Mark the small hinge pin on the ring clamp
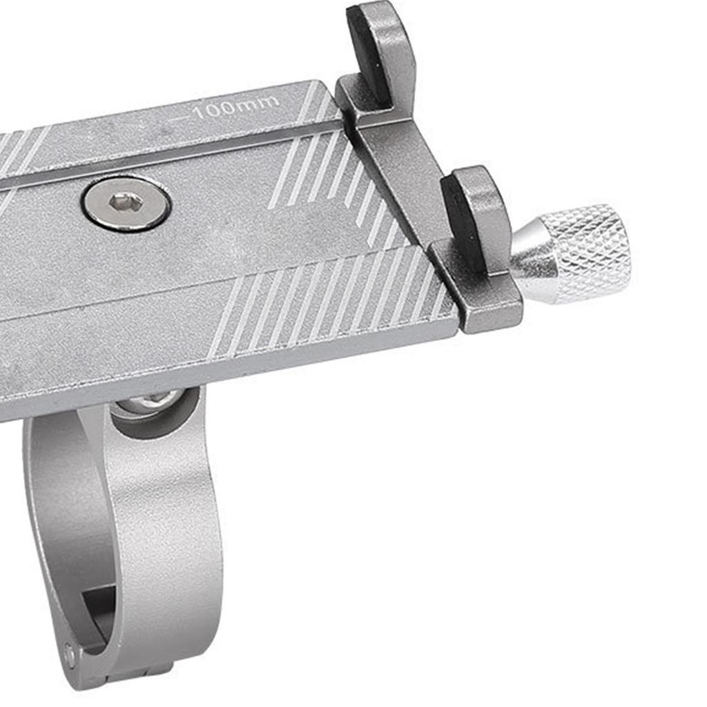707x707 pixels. click(x=70, y=649)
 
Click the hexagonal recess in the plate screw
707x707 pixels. click(x=126, y=202)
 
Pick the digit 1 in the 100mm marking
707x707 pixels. click(x=198, y=113)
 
